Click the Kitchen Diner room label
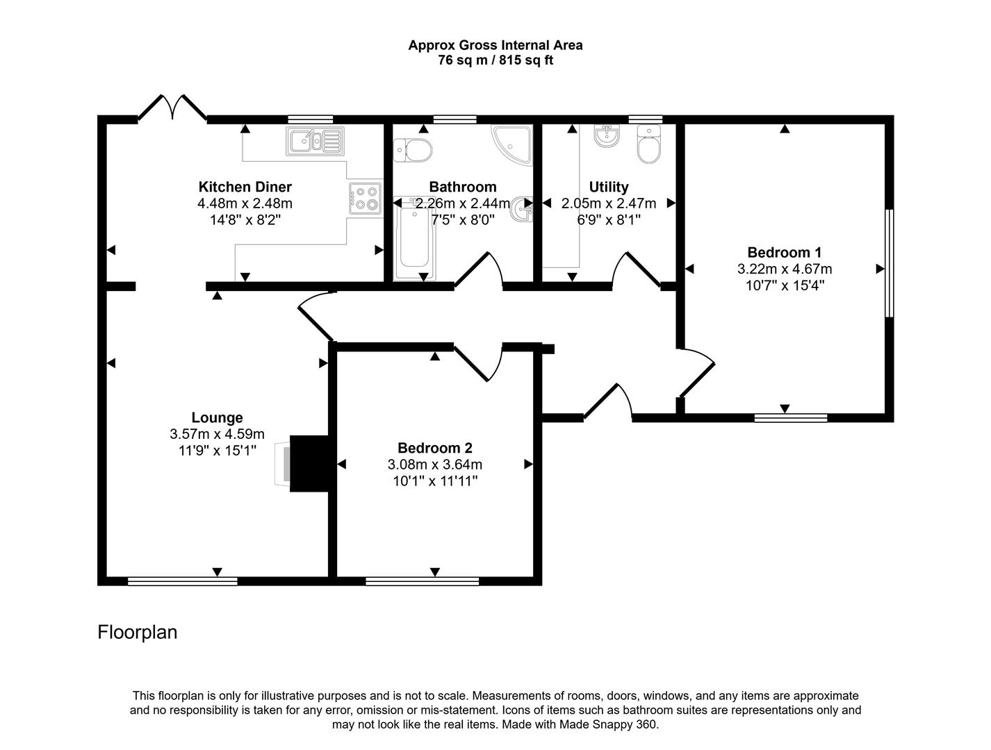pyautogui.click(x=245, y=187)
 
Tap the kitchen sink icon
pyautogui.click(x=314, y=142)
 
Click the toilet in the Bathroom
pyautogui.click(x=412, y=149)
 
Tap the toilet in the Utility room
pyautogui.click(x=649, y=145)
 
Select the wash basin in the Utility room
pyautogui.click(x=607, y=136)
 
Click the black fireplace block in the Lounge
pyautogui.click(x=309, y=464)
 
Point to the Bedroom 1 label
pyautogui.click(x=784, y=252)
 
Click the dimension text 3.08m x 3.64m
pyautogui.click(x=434, y=465)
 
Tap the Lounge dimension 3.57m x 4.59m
pyautogui.click(x=217, y=434)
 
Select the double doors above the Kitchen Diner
pyautogui.click(x=172, y=108)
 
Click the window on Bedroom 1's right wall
pyautogui.click(x=889, y=264)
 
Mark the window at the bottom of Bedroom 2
pyautogui.click(x=422, y=581)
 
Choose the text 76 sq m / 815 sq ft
pyautogui.click(x=495, y=60)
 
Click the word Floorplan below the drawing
pyautogui.click(x=138, y=633)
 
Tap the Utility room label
pyautogui.click(x=608, y=187)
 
